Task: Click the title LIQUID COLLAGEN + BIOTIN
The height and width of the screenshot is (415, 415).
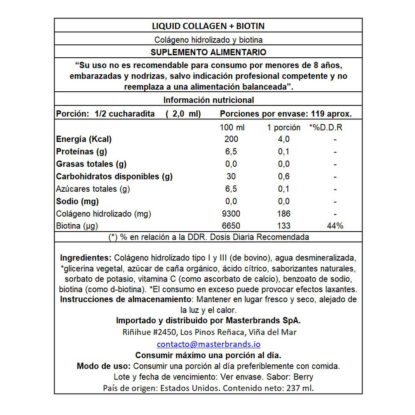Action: click(x=208, y=26)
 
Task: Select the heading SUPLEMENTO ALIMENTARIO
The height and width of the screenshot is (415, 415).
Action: click(x=208, y=52)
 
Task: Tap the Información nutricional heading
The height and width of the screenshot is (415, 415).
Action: click(x=208, y=100)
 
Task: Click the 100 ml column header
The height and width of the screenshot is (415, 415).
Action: click(x=232, y=127)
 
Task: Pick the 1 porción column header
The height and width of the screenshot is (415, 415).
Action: click(x=283, y=127)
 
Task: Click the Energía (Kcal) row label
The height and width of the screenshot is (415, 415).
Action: click(x=84, y=139)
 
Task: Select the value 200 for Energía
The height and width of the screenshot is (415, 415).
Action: click(x=231, y=139)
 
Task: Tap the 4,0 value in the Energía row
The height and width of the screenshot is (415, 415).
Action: click(x=283, y=139)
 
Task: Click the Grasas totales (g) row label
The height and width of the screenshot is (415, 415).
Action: click(x=91, y=164)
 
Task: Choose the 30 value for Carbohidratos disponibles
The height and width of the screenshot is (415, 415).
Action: click(x=231, y=177)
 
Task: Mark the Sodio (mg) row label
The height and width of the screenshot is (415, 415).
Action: click(x=77, y=202)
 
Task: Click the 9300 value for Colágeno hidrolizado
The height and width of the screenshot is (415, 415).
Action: click(x=231, y=214)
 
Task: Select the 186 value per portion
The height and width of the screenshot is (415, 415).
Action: click(x=283, y=214)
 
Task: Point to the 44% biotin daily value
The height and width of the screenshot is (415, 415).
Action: click(x=335, y=226)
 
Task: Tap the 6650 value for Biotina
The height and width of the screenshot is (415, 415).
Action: click(x=231, y=226)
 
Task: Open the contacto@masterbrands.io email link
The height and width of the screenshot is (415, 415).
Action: click(x=208, y=344)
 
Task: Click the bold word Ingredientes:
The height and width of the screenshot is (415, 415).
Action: click(x=86, y=258)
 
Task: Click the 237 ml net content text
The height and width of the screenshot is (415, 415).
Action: click(x=299, y=388)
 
